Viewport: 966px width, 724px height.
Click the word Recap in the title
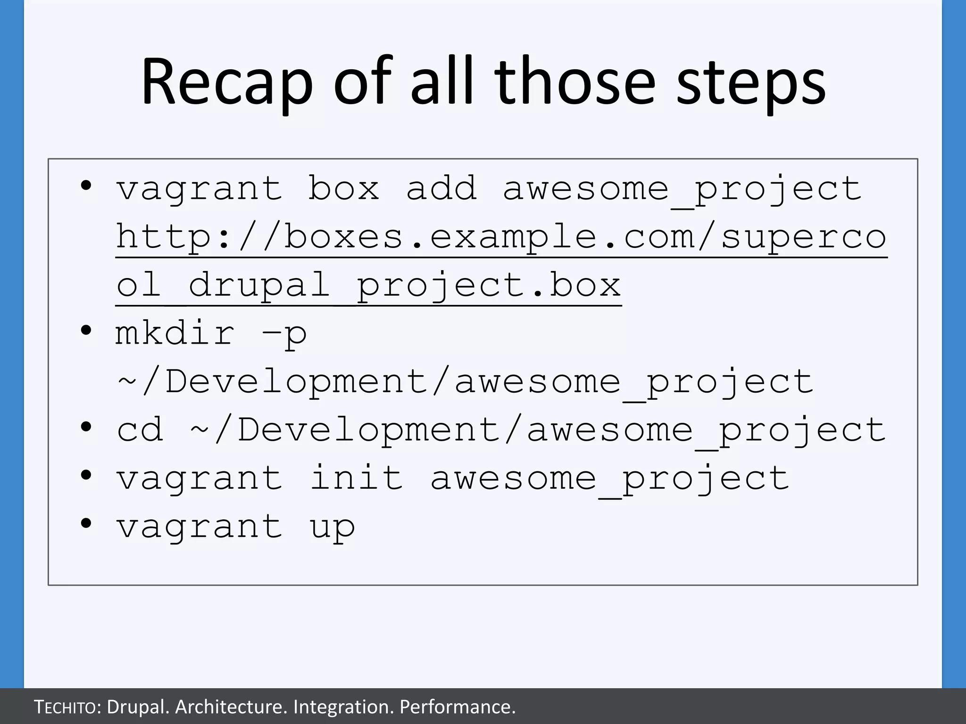point(226,82)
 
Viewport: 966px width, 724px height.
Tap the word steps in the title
point(751,85)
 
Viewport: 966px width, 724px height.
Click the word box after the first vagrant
point(343,189)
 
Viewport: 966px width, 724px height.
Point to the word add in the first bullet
point(441,189)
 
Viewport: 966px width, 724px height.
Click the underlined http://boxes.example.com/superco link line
point(501,237)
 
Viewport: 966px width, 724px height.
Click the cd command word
point(140,430)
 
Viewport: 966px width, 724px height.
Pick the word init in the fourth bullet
point(356,478)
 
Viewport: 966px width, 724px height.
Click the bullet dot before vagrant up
point(86,523)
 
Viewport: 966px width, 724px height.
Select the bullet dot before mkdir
point(86,330)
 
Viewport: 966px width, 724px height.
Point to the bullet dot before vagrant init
point(86,475)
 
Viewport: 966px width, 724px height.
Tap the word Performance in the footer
point(457,707)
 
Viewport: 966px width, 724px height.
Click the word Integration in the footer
point(343,707)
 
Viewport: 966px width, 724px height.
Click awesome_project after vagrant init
point(609,479)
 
